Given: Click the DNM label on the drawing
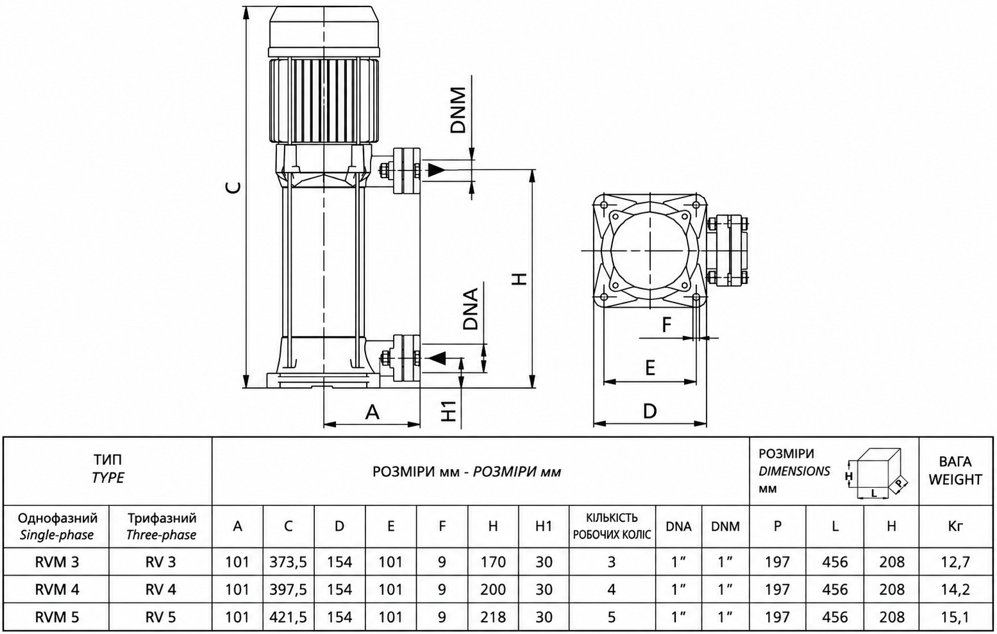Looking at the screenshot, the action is pos(458,110).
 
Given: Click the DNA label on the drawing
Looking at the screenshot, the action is pos(470,309).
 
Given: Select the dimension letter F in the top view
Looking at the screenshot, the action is pos(666,325).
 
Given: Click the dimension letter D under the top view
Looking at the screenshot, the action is pos(650,412).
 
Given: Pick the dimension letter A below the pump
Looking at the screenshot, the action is pos(372,412).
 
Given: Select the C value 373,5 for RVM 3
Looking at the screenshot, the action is pos(288,562).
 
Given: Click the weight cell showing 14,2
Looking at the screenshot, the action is pos(955,590).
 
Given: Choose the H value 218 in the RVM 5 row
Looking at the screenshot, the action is pos(492,617).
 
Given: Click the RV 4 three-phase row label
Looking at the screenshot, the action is pos(161,590).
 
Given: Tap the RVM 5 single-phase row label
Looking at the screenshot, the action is pos(57,617).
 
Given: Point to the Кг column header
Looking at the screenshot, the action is pos(955,526).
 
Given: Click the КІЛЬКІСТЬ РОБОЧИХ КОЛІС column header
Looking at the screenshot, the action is pos(612,526).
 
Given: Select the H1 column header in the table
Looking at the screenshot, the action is pos(544,526).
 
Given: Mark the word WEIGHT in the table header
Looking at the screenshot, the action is pos(955,480).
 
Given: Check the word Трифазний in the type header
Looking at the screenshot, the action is pos(162,519).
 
